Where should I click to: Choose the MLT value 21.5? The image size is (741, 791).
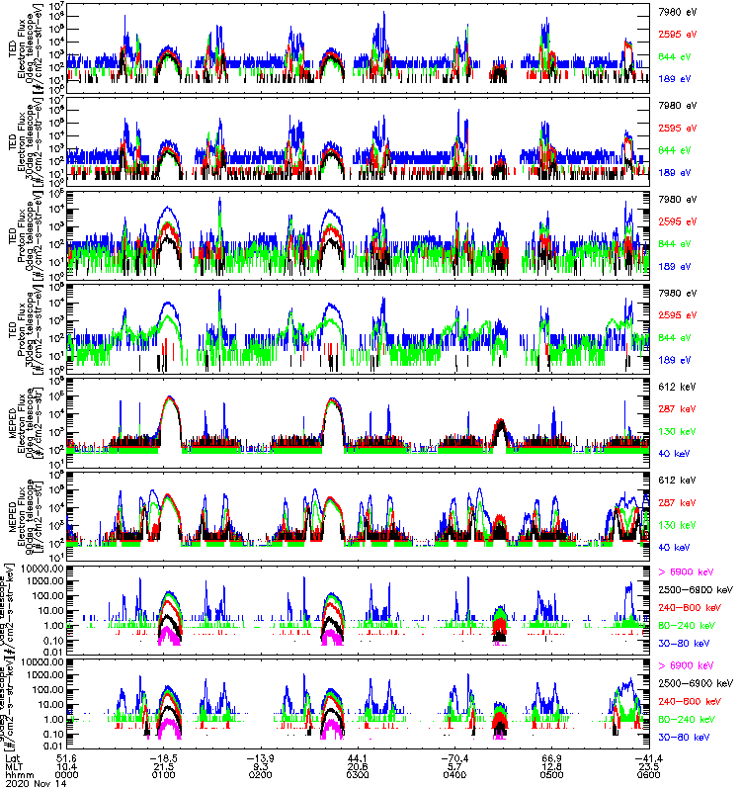164,766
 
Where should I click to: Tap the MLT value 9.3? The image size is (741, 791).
261,766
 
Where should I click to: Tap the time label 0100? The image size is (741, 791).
164,775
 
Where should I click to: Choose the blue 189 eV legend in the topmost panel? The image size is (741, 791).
676,77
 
